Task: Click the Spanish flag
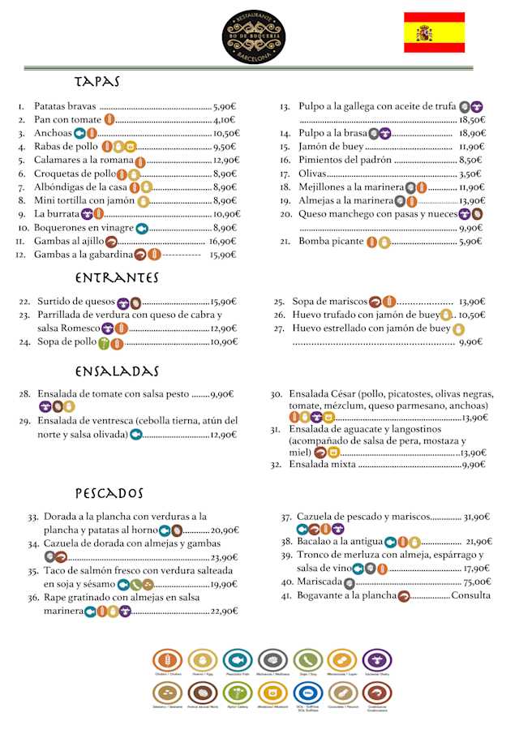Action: (x=435, y=32)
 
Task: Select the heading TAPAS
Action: (x=97, y=82)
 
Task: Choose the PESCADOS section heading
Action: (x=109, y=493)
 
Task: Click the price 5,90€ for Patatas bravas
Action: (x=224, y=106)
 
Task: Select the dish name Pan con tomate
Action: (x=67, y=120)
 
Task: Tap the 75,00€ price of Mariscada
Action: (x=476, y=582)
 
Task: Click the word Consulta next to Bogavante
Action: (x=471, y=595)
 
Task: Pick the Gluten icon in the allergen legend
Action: (x=168, y=660)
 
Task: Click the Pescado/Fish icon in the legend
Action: (x=238, y=660)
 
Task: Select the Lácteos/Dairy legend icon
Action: (x=377, y=660)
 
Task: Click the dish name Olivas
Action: (x=312, y=174)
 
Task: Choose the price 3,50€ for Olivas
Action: (x=471, y=174)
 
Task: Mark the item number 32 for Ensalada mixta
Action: (x=276, y=465)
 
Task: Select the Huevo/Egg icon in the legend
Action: (x=203, y=660)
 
